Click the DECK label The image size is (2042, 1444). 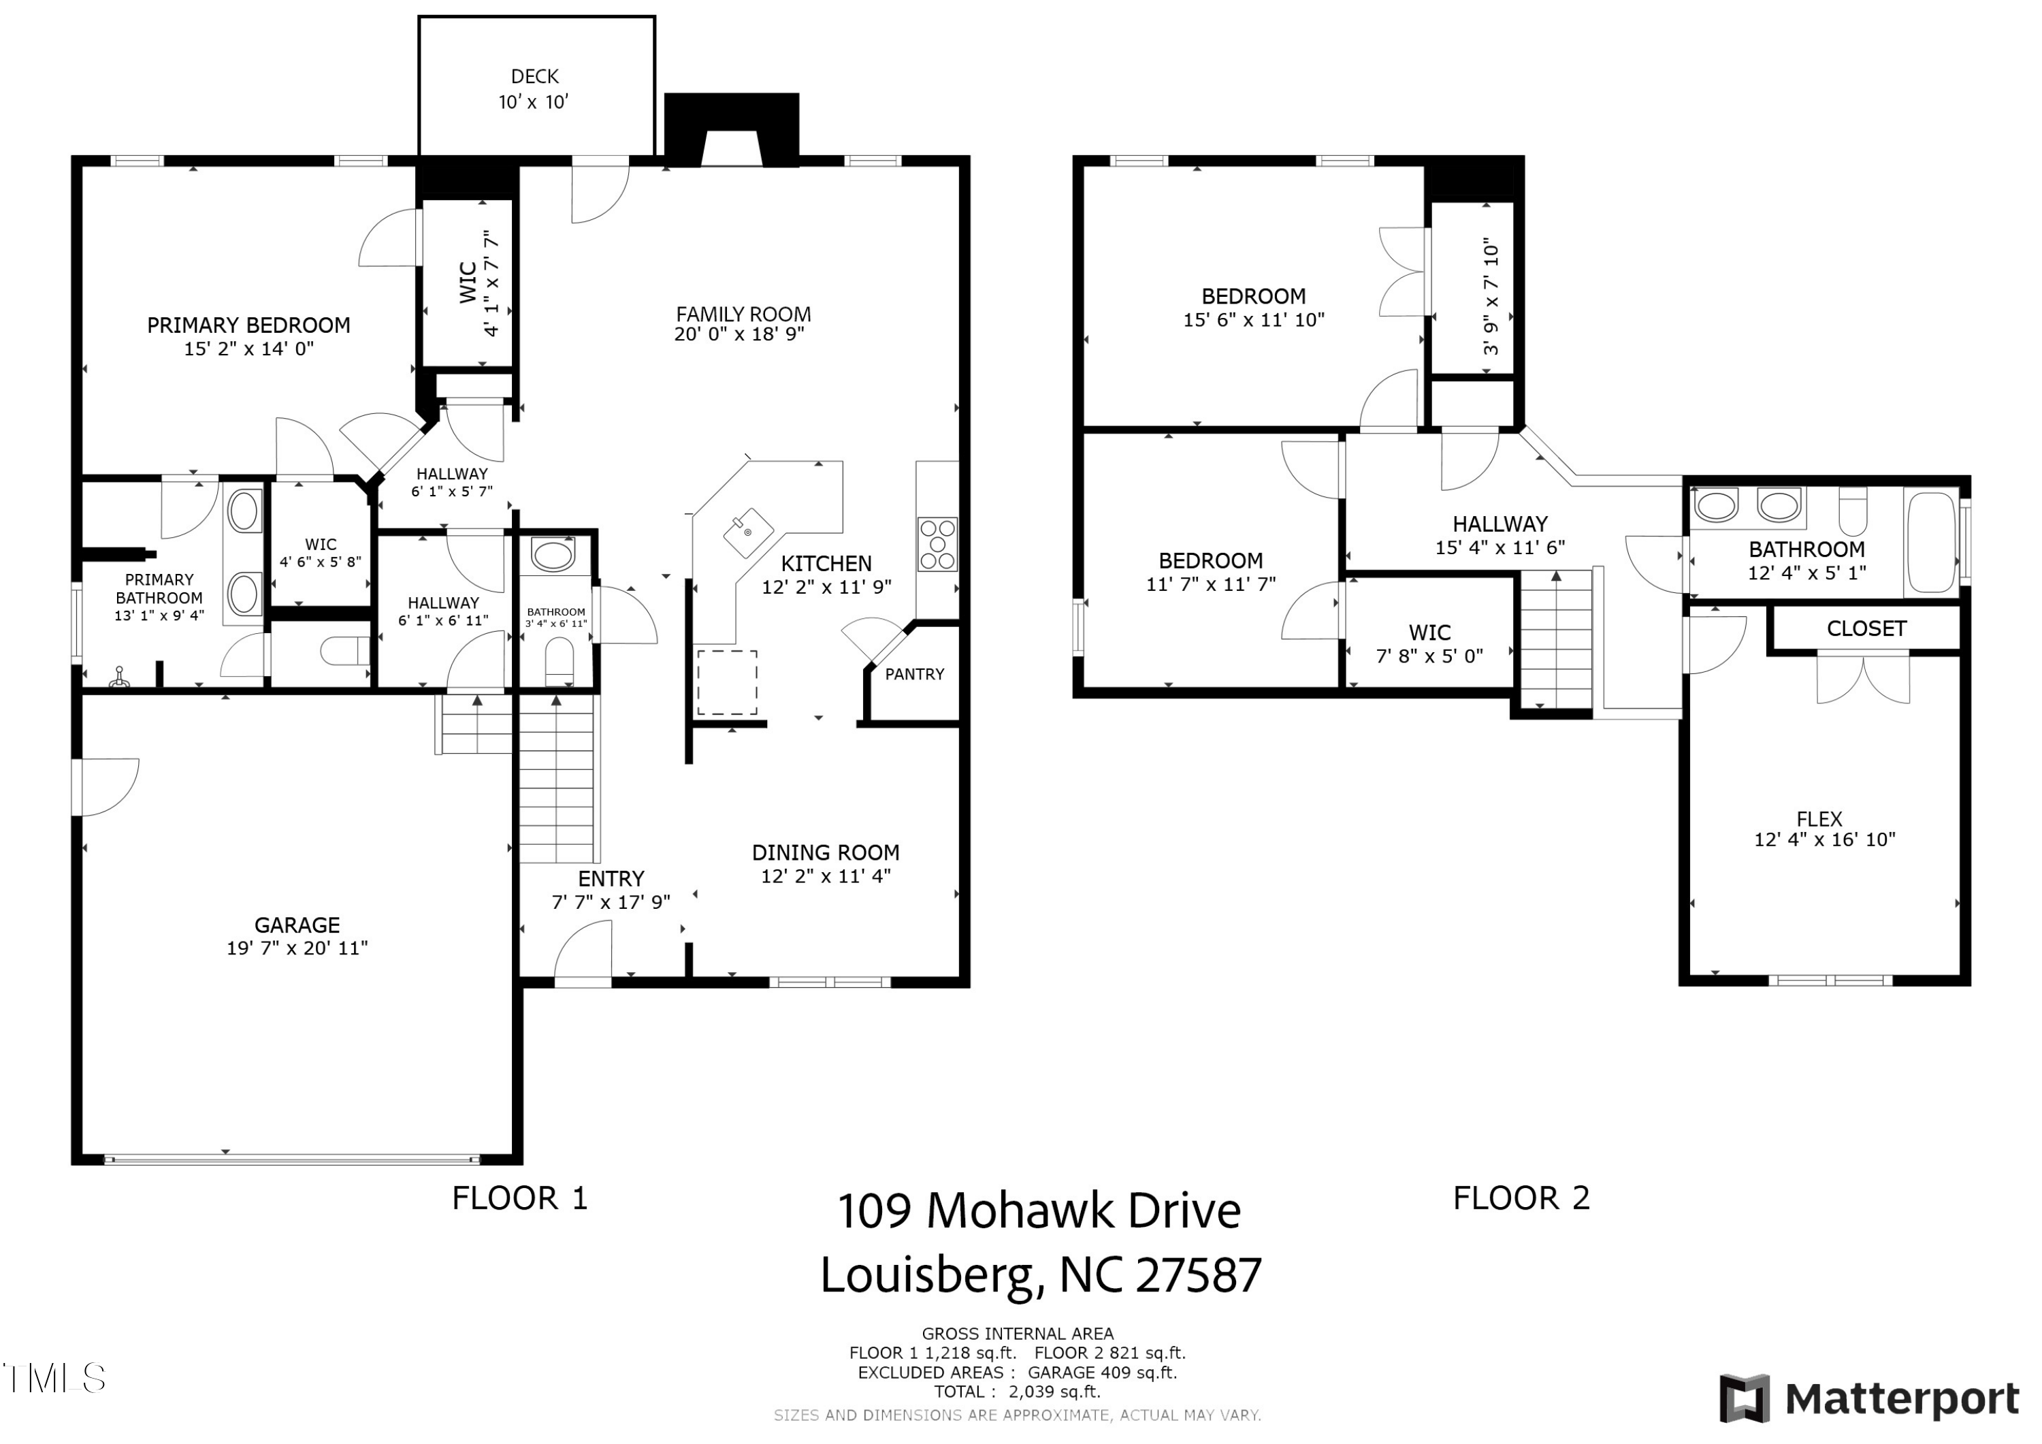click(x=534, y=76)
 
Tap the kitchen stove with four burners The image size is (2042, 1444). click(x=937, y=543)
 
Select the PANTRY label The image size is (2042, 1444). click(x=914, y=675)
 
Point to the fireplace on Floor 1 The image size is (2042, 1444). click(x=731, y=130)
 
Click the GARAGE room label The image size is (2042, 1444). click(x=297, y=925)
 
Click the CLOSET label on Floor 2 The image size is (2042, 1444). click(x=1866, y=629)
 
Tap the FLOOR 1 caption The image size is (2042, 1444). click(x=520, y=1198)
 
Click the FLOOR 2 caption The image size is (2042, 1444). click(x=1521, y=1198)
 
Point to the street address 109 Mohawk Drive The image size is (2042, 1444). click(x=1039, y=1211)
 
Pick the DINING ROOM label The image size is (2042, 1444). click(x=826, y=852)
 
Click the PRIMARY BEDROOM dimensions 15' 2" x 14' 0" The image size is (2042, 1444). click(x=249, y=349)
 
